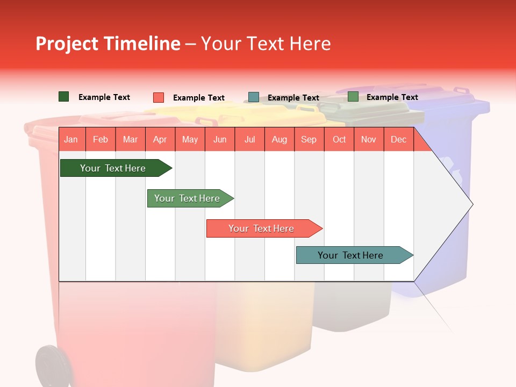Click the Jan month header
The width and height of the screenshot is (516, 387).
coord(71,140)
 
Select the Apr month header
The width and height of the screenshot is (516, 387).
coord(160,140)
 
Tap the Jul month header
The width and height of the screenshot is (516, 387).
coord(249,140)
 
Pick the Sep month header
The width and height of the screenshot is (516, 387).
coord(309,140)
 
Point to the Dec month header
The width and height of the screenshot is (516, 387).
coord(398,140)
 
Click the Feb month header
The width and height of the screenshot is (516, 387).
coord(101,140)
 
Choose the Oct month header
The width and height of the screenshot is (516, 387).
coord(339,140)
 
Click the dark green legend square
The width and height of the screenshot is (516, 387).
coord(64,97)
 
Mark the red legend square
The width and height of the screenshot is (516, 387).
coord(159,97)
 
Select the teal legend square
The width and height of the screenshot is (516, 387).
coord(254,97)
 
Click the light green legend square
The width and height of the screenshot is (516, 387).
coord(353,97)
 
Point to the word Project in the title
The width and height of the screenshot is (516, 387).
coord(67,44)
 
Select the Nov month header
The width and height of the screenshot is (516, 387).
coord(369,140)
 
